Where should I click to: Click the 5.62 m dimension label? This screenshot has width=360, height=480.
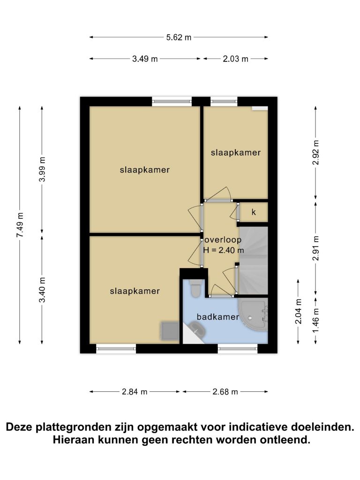pos(179,37)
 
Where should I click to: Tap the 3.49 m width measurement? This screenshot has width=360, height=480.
pos(145,59)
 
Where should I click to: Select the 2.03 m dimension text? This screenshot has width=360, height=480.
pos(235,59)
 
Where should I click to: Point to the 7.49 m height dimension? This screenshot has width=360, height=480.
pos(20,225)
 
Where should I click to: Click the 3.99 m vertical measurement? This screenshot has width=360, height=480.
pos(42,169)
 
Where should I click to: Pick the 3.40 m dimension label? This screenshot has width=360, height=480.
pos(42,290)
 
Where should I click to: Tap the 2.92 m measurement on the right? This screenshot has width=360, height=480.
pos(315,152)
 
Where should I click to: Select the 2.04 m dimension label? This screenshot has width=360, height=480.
pos(298,311)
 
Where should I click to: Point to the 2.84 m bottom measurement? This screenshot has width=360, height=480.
pos(135,392)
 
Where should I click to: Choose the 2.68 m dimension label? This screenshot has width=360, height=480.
pos(225,392)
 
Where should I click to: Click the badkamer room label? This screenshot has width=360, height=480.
pos(217,317)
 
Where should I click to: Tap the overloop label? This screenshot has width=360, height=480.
pos(223,240)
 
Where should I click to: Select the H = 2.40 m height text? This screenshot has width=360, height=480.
pos(224,250)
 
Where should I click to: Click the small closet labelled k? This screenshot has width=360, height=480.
pos(254,212)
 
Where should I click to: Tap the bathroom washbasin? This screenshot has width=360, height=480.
pos(198,328)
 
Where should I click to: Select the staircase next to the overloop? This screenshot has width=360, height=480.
pos(254,261)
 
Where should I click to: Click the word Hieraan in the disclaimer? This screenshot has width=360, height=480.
pos(74,440)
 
